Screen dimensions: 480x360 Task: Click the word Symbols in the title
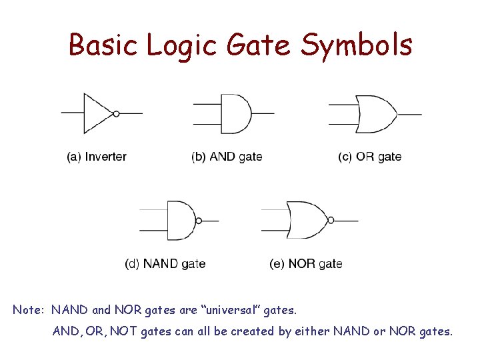pos(357,45)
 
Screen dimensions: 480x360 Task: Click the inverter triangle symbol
pos(97,113)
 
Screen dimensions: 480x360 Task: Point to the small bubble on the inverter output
pos(117,113)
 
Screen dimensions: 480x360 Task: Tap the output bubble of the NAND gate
pos(198,220)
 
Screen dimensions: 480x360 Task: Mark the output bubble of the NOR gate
pos(330,220)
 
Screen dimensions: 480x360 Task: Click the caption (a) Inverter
pos(97,157)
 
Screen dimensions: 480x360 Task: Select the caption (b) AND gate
pos(227,157)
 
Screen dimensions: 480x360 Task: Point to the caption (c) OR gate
pos(369,157)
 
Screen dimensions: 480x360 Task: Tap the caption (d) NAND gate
pos(165,264)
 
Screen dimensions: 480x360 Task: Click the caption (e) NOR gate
pos(306,264)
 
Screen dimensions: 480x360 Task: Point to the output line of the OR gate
pos(410,114)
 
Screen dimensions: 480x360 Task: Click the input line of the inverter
pos(72,113)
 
